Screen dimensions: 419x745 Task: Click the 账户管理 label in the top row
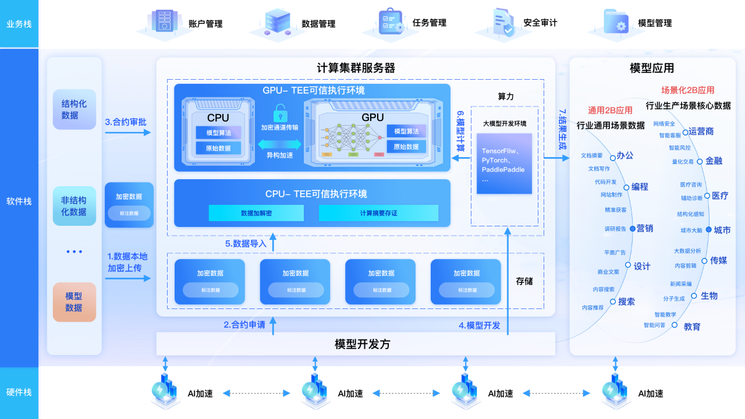coord(205,24)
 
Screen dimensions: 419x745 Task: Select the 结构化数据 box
coord(74,109)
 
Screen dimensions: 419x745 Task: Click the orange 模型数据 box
coord(74,302)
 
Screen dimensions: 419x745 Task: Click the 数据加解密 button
coord(256,213)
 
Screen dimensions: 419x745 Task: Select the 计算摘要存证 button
coord(378,213)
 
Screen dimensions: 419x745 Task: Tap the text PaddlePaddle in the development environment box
coord(503,169)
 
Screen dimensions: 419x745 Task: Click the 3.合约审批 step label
coord(126,122)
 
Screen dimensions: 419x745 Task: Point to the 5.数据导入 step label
coord(246,244)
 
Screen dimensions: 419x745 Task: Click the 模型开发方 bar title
coord(362,344)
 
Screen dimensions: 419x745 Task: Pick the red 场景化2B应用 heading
coord(687,90)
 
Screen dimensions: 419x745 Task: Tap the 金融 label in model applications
coord(714,161)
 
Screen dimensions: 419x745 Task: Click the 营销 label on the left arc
coord(644,228)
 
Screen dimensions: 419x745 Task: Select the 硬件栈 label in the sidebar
coord(19,392)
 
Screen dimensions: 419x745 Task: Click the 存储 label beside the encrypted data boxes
coord(524,282)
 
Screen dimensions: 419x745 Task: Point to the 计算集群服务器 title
coord(356,68)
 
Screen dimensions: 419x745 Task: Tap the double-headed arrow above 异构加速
coord(280,143)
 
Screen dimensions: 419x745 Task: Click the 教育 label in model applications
coord(692,326)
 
